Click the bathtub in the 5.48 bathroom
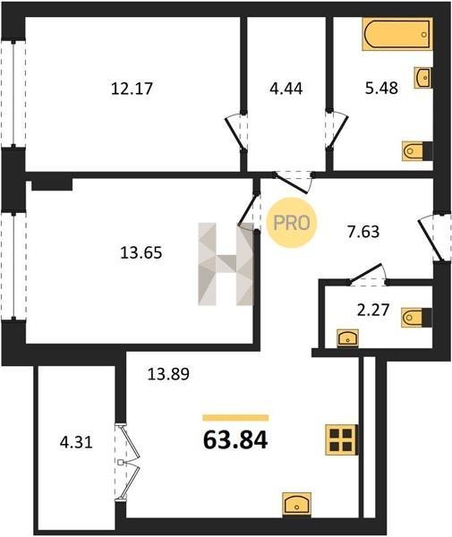pyautogui.click(x=397, y=34)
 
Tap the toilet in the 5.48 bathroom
pyautogui.click(x=417, y=151)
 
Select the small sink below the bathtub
pyautogui.click(x=422, y=78)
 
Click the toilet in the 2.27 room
pyautogui.click(x=417, y=318)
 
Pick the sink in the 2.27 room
pyautogui.click(x=347, y=338)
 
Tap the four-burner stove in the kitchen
pyautogui.click(x=342, y=439)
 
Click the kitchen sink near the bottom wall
pyautogui.click(x=296, y=505)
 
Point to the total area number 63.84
pyautogui.click(x=235, y=439)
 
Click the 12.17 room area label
pyautogui.click(x=132, y=89)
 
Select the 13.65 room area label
pyautogui.click(x=141, y=253)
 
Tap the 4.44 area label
pyautogui.click(x=286, y=89)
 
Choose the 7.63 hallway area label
pyautogui.click(x=363, y=232)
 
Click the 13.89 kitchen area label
pyautogui.click(x=168, y=373)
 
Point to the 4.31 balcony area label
pyautogui.click(x=76, y=442)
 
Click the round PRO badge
pyautogui.click(x=292, y=223)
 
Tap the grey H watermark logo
pyautogui.click(x=226, y=264)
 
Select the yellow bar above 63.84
pyautogui.click(x=235, y=417)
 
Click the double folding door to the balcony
pyautogui.click(x=127, y=463)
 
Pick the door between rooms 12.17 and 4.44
pyautogui.click(x=236, y=132)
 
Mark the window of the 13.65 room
pyautogui.click(x=13, y=266)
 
